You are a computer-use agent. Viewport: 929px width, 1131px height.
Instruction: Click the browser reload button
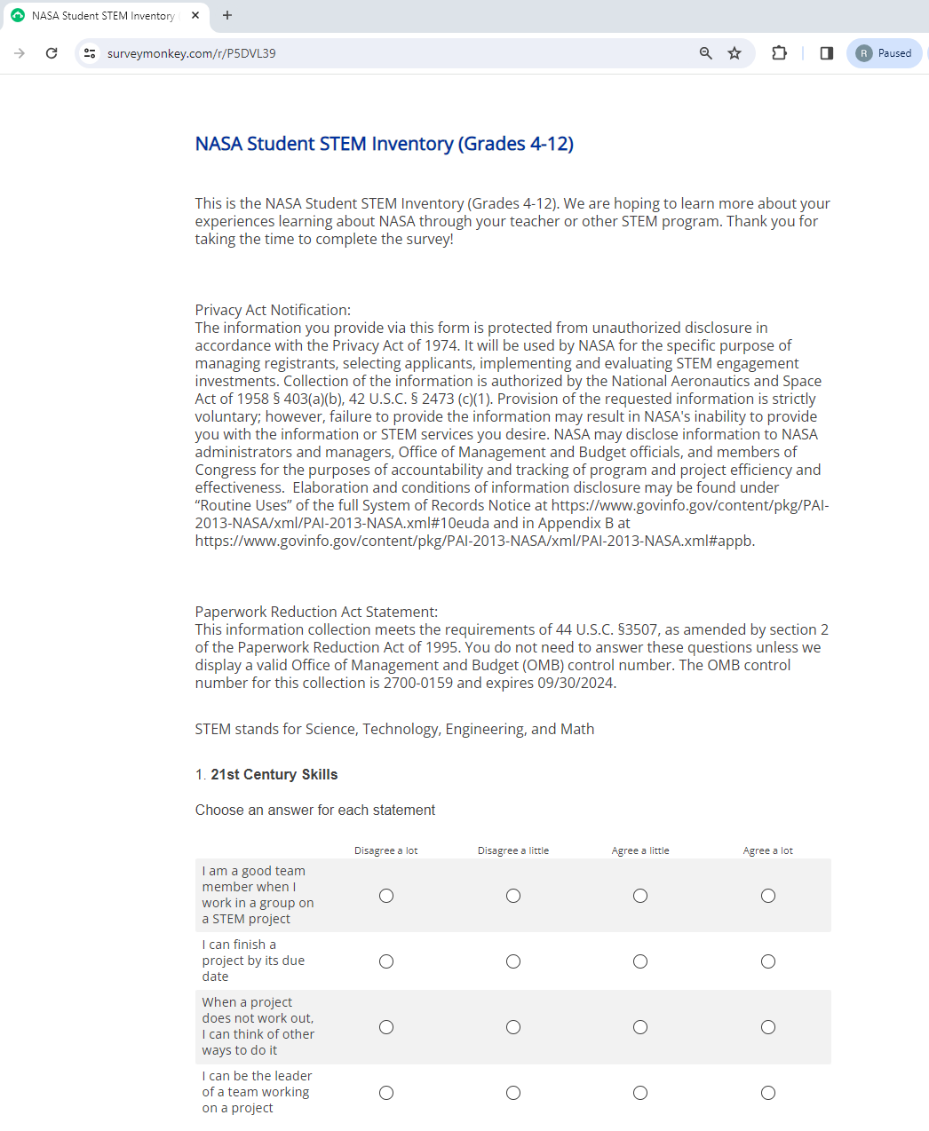pos(52,53)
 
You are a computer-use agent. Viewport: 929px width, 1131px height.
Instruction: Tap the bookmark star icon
pos(734,53)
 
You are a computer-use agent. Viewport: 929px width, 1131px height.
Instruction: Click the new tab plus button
pos(227,15)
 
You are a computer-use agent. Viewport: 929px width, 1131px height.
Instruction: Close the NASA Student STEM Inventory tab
pos(195,15)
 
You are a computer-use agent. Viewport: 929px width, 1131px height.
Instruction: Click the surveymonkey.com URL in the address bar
pos(191,53)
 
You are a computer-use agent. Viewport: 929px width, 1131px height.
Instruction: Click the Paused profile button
pos(884,53)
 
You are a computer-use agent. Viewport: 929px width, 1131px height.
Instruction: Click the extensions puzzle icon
pos(779,53)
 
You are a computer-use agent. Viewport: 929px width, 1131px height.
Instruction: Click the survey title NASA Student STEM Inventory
pos(384,144)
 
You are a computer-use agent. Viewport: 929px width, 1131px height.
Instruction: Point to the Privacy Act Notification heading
pos(273,310)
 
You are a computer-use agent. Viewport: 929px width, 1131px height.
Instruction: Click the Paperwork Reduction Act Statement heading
pos(316,612)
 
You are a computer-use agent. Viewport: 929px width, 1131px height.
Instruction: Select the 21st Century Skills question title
pos(274,774)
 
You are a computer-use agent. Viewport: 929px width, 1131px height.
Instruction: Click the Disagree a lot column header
pos(385,850)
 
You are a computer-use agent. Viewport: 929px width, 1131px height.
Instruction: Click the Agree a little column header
pos(640,850)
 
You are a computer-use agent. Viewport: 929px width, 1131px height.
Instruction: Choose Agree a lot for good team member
pos(768,896)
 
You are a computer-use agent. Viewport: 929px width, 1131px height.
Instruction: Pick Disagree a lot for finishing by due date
pos(386,961)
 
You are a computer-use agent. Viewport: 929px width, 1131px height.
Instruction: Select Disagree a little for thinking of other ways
pos(513,1027)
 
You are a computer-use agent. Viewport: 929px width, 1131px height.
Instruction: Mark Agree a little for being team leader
pos(640,1093)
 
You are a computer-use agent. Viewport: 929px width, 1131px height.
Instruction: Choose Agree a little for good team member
pos(640,896)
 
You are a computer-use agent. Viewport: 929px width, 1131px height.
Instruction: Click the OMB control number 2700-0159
pos(417,683)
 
